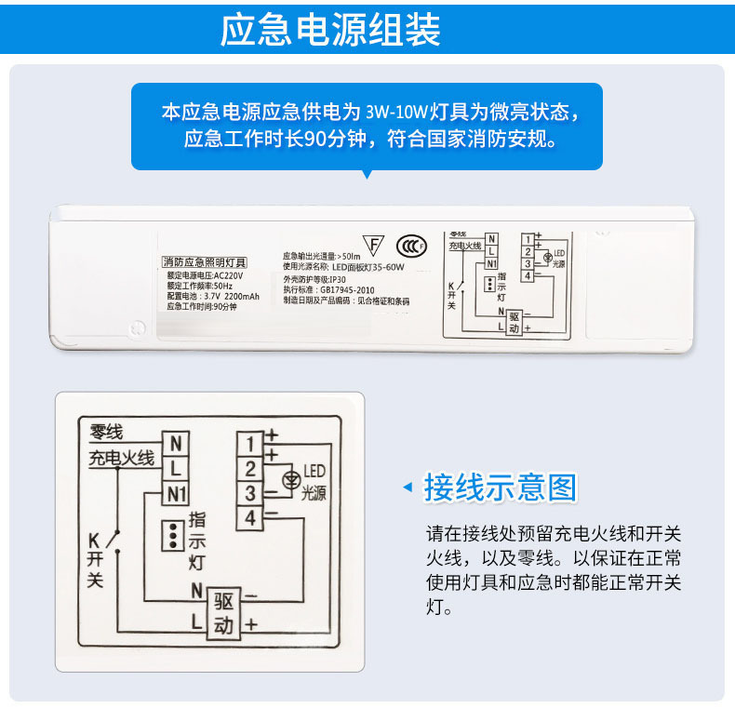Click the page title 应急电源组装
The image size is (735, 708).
[x=330, y=30]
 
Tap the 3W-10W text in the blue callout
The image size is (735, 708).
[x=396, y=113]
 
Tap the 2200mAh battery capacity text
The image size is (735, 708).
[x=243, y=295]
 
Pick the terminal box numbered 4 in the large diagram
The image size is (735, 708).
[x=250, y=517]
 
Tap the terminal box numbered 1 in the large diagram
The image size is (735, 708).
[x=250, y=441]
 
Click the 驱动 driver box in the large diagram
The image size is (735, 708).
[x=223, y=611]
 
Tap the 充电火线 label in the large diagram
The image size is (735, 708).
[x=121, y=459]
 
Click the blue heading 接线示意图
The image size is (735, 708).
[x=501, y=487]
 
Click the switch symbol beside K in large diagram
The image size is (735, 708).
[x=114, y=540]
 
